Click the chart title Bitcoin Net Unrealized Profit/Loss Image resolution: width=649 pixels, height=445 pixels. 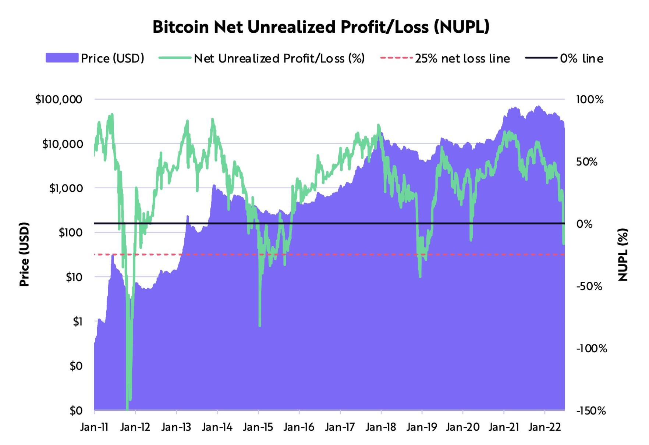pyautogui.click(x=321, y=27)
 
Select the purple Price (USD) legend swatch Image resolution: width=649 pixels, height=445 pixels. pyautogui.click(x=62, y=58)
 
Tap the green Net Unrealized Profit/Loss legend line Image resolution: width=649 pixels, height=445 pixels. pyautogui.click(x=175, y=58)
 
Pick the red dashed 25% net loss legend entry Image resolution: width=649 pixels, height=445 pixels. pyautogui.click(x=396, y=58)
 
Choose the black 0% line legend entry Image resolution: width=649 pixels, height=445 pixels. pyautogui.click(x=541, y=58)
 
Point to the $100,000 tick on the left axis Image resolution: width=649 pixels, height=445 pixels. pyautogui.click(x=59, y=99)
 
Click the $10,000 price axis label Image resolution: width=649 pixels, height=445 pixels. pyautogui.click(x=63, y=144)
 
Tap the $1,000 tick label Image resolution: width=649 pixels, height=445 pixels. pyautogui.click(x=66, y=188)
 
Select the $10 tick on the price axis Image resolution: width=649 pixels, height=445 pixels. pyautogui.click(x=74, y=277)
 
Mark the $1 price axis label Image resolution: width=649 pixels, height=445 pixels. pyautogui.click(x=77, y=321)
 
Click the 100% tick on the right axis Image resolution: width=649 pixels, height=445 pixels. pyautogui.click(x=590, y=99)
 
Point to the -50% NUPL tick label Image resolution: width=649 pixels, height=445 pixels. pyautogui.click(x=589, y=286)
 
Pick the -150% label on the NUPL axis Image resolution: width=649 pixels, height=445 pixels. pyautogui.click(x=591, y=410)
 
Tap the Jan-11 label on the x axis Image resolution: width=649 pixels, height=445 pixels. pyautogui.click(x=94, y=427)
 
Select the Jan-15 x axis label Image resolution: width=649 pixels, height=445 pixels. pyautogui.click(x=258, y=427)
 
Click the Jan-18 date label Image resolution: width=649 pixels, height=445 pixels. pyautogui.click(x=381, y=427)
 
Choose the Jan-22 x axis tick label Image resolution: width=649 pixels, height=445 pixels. pyautogui.click(x=544, y=427)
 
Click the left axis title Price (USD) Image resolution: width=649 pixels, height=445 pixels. pyautogui.click(x=24, y=254)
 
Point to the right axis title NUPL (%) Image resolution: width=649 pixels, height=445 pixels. pyautogui.click(x=623, y=254)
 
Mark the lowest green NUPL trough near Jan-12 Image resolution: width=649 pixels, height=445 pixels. pyautogui.click(x=127, y=408)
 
